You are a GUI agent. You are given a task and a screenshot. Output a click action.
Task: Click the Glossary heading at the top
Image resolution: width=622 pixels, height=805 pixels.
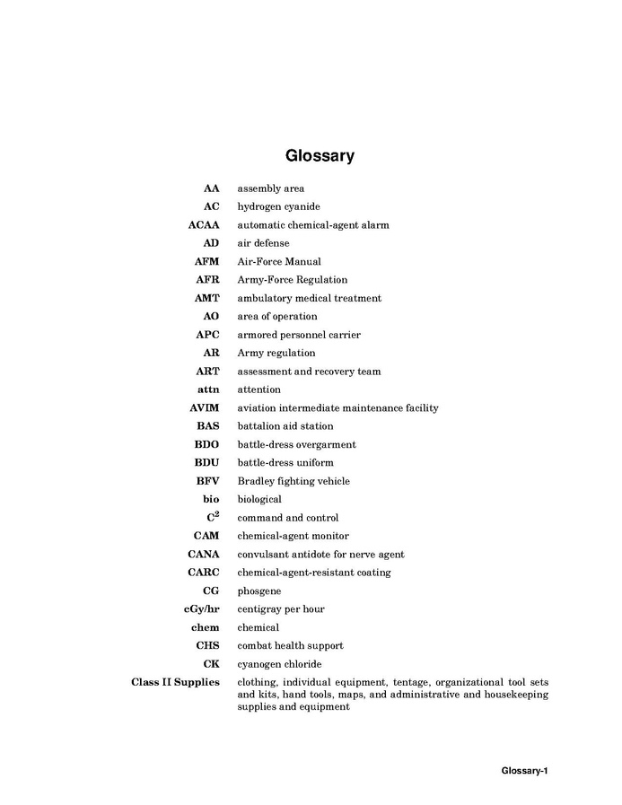[320, 155]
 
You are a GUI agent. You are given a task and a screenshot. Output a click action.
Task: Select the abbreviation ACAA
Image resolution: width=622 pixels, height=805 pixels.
[203, 225]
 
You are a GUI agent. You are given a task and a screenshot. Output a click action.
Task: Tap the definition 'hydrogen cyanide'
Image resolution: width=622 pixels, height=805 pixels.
[278, 206]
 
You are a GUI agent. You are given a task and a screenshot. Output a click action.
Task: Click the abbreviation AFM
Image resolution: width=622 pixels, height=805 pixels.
[206, 261]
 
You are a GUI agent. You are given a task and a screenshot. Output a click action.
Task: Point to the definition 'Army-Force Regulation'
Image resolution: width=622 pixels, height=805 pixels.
[292, 280]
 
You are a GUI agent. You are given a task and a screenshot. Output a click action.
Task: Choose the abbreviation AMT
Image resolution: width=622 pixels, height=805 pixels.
[206, 298]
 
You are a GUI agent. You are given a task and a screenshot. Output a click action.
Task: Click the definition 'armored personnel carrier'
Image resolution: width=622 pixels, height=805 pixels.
[299, 335]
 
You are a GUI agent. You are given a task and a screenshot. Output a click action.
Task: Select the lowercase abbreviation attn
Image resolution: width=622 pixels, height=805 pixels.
[208, 389]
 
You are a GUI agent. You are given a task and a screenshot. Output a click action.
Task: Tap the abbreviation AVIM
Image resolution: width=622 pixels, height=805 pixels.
[204, 408]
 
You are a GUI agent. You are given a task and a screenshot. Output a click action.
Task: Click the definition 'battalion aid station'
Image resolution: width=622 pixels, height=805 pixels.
[285, 426]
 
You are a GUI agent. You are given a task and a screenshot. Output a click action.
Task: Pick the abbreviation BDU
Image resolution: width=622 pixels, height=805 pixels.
[206, 463]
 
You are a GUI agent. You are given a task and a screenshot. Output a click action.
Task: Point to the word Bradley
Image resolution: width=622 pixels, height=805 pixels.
[255, 481]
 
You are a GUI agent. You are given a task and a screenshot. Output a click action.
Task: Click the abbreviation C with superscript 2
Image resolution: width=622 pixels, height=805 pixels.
[213, 517]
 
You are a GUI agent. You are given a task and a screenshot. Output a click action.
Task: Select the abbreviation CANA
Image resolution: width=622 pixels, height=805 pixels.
[203, 554]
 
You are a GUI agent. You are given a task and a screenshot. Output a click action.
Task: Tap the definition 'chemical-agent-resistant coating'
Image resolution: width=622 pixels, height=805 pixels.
[314, 573]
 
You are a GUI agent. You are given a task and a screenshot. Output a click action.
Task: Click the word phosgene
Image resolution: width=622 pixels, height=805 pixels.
[259, 591]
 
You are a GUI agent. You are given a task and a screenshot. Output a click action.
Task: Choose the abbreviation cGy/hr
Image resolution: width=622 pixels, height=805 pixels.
[201, 609]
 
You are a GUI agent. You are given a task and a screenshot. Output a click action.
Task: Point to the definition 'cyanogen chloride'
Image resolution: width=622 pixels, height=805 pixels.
[278, 664]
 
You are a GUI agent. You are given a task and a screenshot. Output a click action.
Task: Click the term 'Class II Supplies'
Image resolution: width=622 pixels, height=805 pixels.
[175, 682]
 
